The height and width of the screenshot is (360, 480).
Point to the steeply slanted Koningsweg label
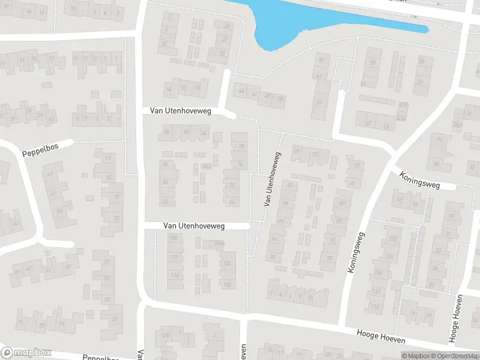pos(356,245)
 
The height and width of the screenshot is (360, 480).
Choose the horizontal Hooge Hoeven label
pos(382,337)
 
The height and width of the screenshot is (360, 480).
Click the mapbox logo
pos(26,353)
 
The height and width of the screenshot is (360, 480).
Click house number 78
pos(242,146)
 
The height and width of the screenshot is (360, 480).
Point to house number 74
pos(240,164)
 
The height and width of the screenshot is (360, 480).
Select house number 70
pos(231,186)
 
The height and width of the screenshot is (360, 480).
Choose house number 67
pos(29,269)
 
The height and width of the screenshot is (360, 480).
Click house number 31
pos(107,278)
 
